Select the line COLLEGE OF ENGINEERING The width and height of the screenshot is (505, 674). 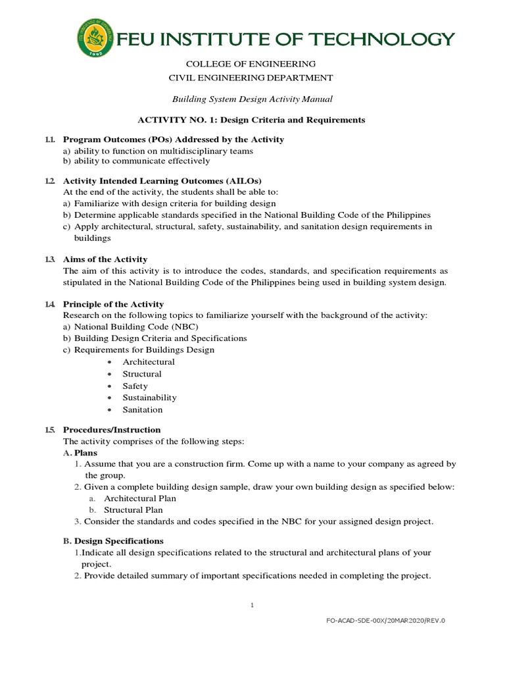[252, 64]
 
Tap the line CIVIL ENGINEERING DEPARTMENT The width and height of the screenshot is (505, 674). [252, 78]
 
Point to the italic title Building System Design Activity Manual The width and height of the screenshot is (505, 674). [252, 99]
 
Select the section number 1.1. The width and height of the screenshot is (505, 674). [51, 140]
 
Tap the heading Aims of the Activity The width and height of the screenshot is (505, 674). [105, 259]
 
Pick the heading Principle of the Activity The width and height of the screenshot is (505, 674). [113, 304]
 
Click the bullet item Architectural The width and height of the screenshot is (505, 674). [149, 362]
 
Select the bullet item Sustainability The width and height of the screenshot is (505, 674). [149, 398]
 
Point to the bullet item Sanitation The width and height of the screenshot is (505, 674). [142, 409]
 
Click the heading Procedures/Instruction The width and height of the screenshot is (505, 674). [112, 430]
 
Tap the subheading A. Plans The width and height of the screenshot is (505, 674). [80, 453]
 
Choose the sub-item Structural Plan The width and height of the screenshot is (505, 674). [133, 509]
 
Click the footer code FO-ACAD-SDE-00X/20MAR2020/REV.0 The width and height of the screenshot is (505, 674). [389, 620]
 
